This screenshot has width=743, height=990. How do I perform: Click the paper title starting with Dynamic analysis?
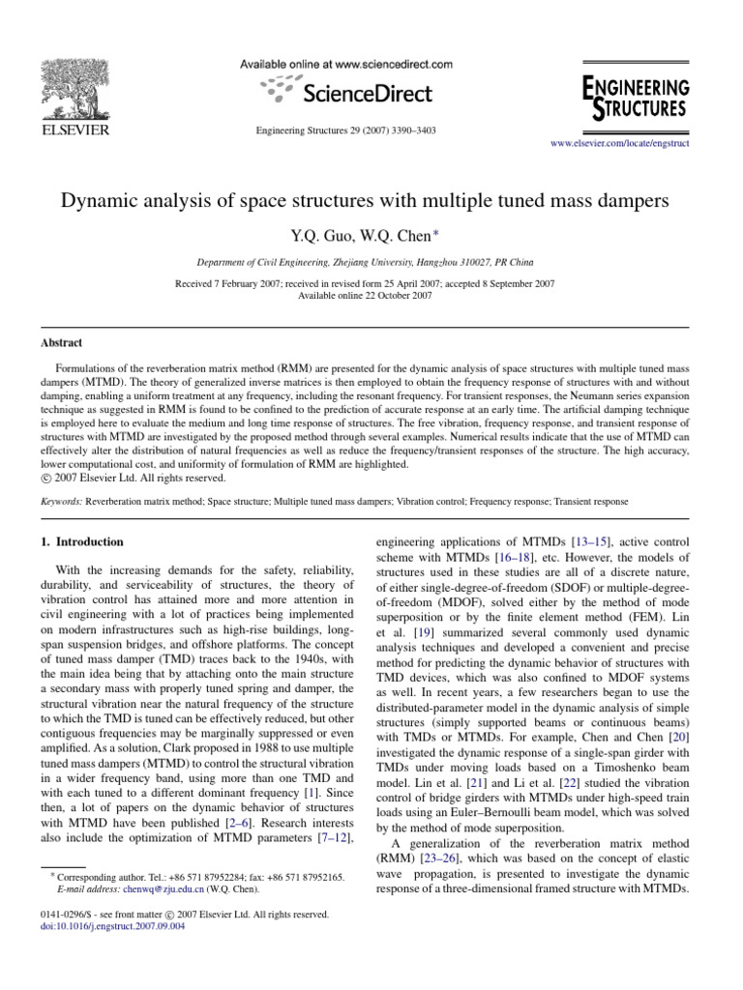click(371, 203)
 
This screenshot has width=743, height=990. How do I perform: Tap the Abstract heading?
click(61, 342)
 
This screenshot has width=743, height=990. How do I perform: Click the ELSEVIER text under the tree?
click(73, 130)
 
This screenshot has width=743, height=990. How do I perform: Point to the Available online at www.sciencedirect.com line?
click(346, 65)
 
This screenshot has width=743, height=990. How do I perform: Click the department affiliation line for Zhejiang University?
click(371, 262)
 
